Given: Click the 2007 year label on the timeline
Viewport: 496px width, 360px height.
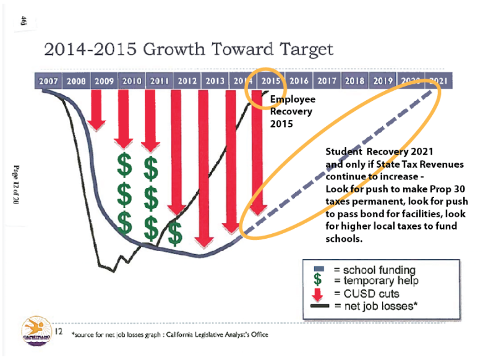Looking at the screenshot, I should pos(48,81).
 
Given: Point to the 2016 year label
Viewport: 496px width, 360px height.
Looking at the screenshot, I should pos(299,81).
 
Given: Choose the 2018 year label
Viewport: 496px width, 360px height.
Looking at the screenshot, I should pos(355,81).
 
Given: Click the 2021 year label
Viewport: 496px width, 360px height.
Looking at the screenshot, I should pos(438,81).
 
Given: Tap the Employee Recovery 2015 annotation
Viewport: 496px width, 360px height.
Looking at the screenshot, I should pos(291,111).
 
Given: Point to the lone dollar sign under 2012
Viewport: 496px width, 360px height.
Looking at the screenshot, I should pos(175,233).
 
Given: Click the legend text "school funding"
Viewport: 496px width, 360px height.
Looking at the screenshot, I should pos(380,270).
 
